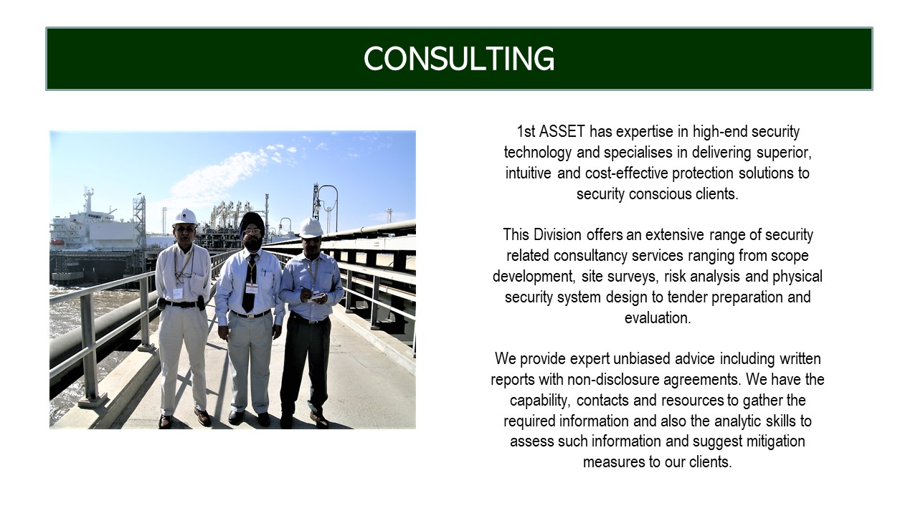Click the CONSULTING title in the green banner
(459, 59)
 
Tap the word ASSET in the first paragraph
(562, 131)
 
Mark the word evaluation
(658, 317)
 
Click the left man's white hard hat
(185, 216)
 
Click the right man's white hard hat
(311, 228)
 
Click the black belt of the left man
(181, 305)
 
